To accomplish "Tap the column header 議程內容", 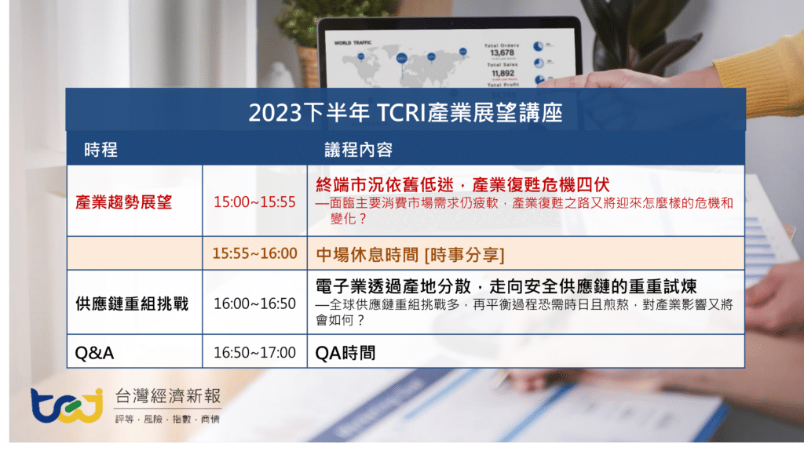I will tap(359, 150).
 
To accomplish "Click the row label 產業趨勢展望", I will tap(123, 202).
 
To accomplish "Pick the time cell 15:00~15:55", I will tap(254, 202).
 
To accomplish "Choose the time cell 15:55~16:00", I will tap(254, 253).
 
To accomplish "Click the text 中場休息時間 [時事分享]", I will tap(409, 254).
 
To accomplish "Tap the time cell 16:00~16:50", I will tap(254, 304).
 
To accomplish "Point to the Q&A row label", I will tap(94, 353).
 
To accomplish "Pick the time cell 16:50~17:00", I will tap(254, 353).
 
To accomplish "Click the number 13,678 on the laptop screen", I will tap(502, 53).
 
